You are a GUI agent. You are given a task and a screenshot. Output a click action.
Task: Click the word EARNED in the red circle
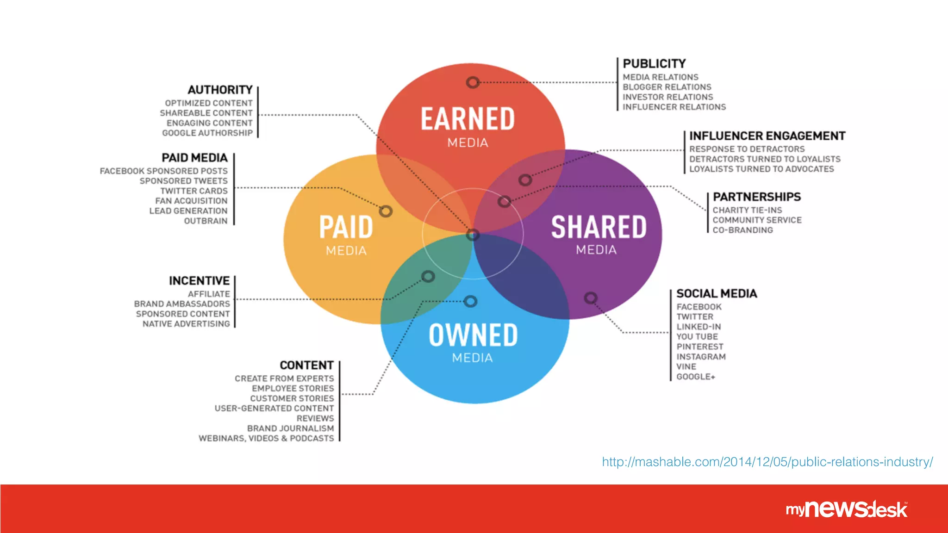468,119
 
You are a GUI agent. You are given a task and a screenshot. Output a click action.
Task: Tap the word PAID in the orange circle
346,227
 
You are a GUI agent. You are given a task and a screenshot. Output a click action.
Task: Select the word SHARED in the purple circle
599,227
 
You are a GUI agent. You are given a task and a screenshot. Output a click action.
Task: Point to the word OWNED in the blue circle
473,335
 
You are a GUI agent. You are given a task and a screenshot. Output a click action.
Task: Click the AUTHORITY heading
220,90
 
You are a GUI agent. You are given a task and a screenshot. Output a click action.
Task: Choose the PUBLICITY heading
654,63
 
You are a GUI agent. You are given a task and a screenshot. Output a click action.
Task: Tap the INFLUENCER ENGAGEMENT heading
767,136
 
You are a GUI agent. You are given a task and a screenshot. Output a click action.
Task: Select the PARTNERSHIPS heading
756,197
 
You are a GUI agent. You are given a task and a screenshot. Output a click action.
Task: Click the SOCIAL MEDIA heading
717,294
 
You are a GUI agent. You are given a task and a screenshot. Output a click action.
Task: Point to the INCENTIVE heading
199,281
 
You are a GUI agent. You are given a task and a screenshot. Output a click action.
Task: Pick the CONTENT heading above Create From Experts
306,366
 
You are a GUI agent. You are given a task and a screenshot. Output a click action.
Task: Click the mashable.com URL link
767,462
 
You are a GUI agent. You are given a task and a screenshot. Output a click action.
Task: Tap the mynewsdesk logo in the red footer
847,509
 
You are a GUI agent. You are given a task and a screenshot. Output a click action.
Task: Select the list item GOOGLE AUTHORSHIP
207,133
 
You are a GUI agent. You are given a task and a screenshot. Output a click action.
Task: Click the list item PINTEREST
699,347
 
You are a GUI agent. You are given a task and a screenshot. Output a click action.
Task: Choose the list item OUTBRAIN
206,221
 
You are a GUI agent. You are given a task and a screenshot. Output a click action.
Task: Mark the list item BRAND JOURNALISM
290,428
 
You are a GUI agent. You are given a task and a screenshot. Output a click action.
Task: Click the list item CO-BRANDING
742,230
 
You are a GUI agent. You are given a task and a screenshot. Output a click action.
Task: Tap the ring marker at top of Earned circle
472,82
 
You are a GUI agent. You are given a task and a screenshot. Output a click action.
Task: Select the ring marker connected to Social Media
590,297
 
